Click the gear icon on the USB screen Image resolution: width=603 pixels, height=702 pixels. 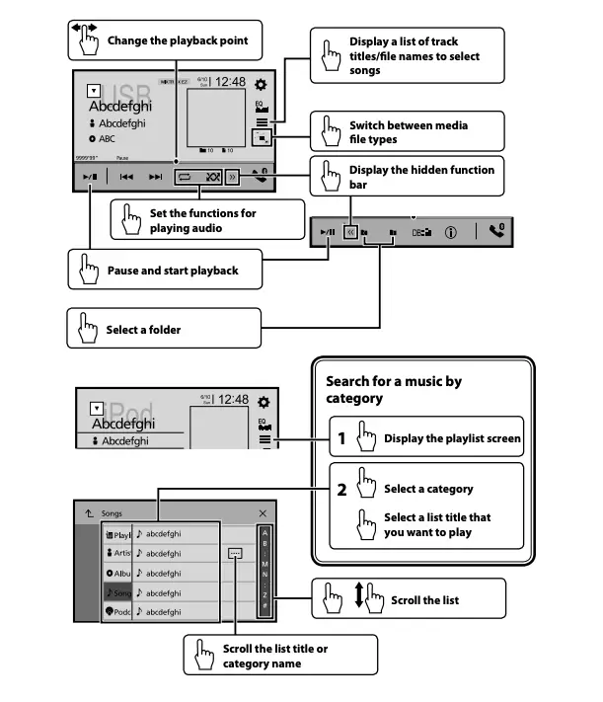[x=262, y=86]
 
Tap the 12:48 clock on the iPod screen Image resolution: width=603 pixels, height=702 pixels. [x=233, y=400]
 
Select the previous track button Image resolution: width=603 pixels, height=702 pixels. [x=126, y=177]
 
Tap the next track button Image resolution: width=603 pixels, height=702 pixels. [x=155, y=177]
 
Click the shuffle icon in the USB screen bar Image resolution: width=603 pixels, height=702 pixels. [x=213, y=177]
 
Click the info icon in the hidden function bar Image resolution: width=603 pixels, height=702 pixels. [x=450, y=233]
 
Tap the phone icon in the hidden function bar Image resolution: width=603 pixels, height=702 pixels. [x=495, y=232]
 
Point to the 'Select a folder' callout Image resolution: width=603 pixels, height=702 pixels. [x=143, y=329]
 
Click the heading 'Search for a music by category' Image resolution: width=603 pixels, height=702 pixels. [x=393, y=389]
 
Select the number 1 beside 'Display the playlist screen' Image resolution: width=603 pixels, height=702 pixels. [x=340, y=438]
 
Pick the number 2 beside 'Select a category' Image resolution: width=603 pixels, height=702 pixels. [x=340, y=489]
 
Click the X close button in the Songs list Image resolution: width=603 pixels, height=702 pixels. [x=263, y=514]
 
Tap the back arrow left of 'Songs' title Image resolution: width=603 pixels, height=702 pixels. [x=88, y=514]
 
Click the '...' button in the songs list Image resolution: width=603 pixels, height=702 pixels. [x=234, y=554]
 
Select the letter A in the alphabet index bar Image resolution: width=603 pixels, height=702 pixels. [x=264, y=534]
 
